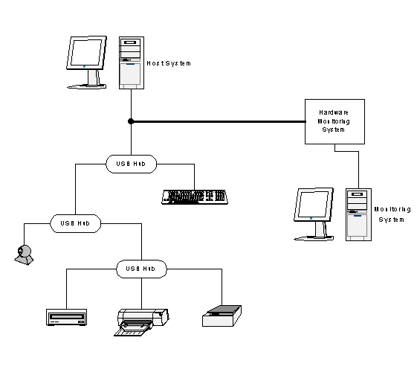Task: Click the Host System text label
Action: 169,63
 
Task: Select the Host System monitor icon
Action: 87,63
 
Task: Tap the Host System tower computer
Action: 132,63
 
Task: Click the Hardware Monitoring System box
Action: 334,122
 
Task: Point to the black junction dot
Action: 131,121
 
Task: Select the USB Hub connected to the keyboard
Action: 131,164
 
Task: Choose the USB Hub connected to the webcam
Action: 76,223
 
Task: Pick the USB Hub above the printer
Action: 141,269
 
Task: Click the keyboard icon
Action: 195,197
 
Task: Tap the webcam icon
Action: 24,255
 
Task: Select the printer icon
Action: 141,322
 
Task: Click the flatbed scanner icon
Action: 222,316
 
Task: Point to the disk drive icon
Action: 66,317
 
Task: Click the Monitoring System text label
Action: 392,214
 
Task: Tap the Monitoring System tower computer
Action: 358,214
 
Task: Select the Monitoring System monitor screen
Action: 313,205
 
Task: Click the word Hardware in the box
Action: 334,112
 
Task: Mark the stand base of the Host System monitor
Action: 87,86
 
